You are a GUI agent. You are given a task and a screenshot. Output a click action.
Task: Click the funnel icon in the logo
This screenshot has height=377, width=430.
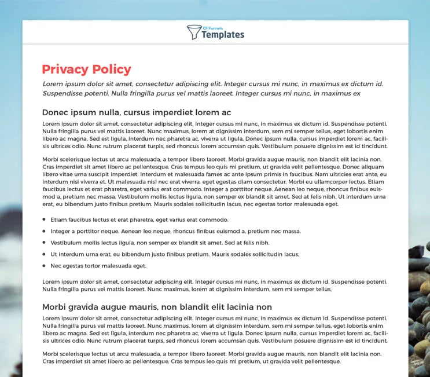(194, 32)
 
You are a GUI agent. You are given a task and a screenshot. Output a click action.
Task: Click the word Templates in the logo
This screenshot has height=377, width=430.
(223, 35)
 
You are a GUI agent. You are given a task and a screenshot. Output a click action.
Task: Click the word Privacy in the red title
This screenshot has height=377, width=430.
(63, 69)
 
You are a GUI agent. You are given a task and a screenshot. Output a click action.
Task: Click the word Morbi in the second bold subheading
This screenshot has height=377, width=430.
(55, 307)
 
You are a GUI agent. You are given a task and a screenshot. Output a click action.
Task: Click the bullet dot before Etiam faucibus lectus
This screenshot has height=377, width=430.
(44, 220)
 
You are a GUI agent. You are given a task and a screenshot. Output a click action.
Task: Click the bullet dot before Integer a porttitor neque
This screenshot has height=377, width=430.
(44, 232)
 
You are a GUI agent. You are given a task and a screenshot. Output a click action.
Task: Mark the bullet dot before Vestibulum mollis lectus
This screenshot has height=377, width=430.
(44, 243)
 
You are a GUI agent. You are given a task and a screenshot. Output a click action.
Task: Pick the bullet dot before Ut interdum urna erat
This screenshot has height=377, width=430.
(44, 254)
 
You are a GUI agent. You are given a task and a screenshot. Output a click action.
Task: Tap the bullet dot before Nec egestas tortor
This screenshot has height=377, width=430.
(44, 266)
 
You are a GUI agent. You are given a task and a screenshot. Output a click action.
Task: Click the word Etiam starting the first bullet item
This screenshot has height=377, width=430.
(58, 220)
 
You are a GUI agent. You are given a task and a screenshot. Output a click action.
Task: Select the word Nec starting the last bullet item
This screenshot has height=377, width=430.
(56, 266)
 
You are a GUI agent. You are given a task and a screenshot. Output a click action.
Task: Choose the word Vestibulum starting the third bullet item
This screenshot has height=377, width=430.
(67, 243)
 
